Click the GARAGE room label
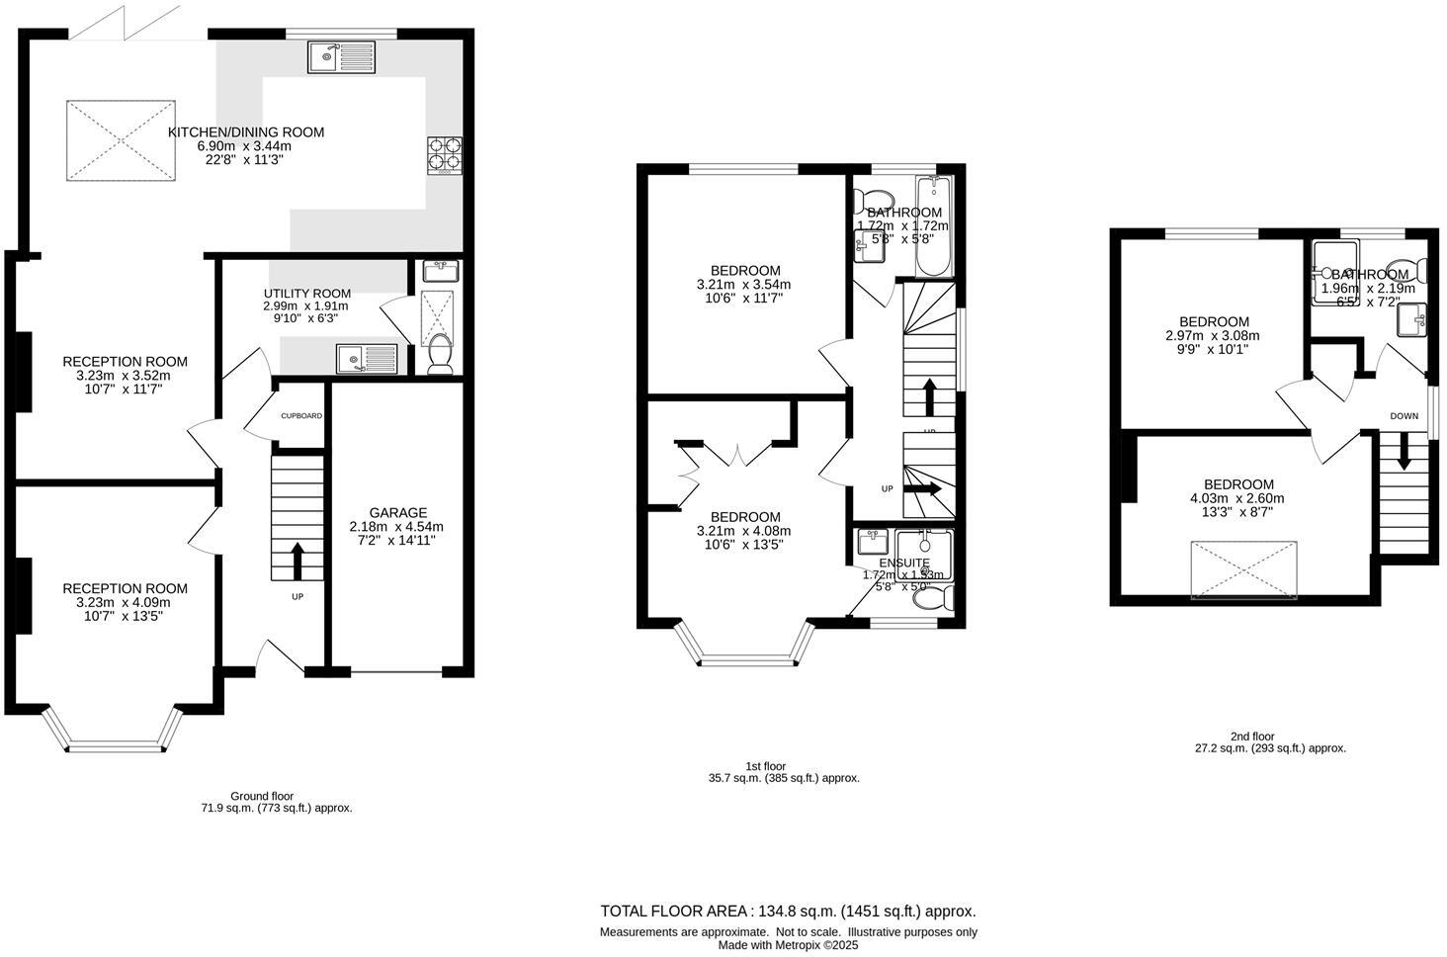pyautogui.click(x=398, y=512)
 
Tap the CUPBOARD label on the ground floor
pyautogui.click(x=301, y=416)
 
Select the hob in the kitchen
pyautogui.click(x=444, y=155)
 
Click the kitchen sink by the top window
pyautogui.click(x=341, y=57)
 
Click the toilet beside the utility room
pyautogui.click(x=440, y=353)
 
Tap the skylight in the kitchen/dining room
pyautogui.click(x=121, y=140)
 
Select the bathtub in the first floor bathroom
pyautogui.click(x=932, y=227)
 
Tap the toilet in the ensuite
pyautogui.click(x=939, y=597)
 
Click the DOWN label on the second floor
pyautogui.click(x=1404, y=416)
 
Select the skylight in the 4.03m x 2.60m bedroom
pyautogui.click(x=1244, y=569)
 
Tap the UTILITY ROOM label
pyautogui.click(x=306, y=294)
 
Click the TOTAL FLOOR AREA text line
pyautogui.click(x=788, y=912)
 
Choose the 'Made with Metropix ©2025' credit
pyautogui.click(x=788, y=945)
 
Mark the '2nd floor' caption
pyautogui.click(x=1252, y=737)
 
